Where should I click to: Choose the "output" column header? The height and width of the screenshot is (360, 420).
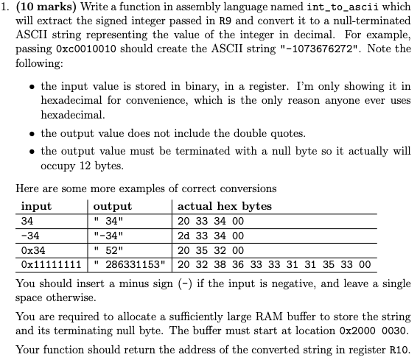113,206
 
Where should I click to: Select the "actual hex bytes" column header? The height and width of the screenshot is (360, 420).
225,206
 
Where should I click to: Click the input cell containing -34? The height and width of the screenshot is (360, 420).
31,236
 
